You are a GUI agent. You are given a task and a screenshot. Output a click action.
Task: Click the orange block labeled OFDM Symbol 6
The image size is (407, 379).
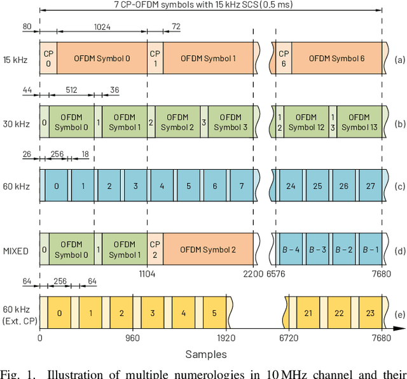coord(336,59)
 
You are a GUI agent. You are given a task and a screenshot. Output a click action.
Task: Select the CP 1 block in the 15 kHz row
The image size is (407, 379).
coord(155,59)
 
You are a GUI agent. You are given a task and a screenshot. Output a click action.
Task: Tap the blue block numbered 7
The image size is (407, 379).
coord(241,186)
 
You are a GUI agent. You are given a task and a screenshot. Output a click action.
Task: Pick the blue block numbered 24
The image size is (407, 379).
coord(290,186)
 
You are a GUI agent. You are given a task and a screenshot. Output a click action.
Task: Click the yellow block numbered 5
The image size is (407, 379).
coord(214,313)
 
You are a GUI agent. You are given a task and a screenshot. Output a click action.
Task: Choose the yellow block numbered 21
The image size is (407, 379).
coord(307,313)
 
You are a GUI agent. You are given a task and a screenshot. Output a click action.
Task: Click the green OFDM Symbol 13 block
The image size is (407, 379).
coord(359,122)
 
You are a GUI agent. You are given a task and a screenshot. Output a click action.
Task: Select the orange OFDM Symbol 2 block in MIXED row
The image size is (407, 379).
coord(207,250)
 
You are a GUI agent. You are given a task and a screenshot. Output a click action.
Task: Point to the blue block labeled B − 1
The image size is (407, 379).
coord(370,250)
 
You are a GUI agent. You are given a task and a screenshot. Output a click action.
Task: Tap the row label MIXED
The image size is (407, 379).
coord(16,251)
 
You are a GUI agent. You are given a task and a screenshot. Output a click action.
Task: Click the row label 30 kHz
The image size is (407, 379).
coord(16,123)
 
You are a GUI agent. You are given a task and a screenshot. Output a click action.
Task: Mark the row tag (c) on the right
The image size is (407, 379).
coord(399,186)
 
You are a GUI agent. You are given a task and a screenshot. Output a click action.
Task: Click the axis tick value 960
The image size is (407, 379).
coord(132,338)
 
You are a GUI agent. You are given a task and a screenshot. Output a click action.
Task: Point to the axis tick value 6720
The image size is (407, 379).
coord(288,338)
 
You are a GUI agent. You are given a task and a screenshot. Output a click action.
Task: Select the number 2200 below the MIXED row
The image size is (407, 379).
coord(252,273)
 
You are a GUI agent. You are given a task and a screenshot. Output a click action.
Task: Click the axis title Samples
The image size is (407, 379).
coord(205,354)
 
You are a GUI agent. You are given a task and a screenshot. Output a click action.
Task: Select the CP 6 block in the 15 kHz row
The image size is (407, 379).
coord(284,59)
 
